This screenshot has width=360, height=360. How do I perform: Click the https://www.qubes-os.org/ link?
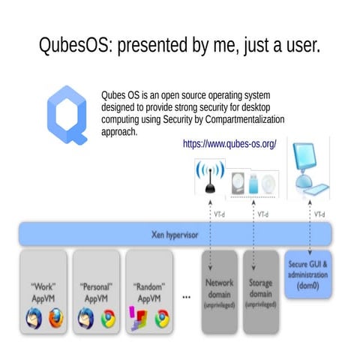point(230,142)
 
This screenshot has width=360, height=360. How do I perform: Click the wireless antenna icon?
point(210,178)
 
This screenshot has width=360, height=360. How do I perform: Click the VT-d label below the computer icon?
point(319,214)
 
